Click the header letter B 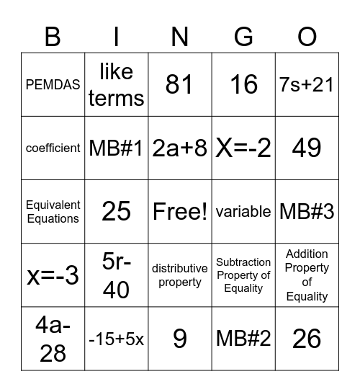pyautogui.click(x=53, y=37)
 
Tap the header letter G pyautogui.click(x=243, y=37)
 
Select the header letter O pyautogui.click(x=307, y=37)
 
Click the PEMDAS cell pyautogui.click(x=53, y=85)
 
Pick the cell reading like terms pyautogui.click(x=116, y=85)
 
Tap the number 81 pyautogui.click(x=179, y=85)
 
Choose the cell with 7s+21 pyautogui.click(x=307, y=85)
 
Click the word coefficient pyautogui.click(x=53, y=148)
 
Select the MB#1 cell pyautogui.click(x=116, y=148)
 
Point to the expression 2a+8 pyautogui.click(x=179, y=148)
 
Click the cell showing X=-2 pyautogui.click(x=243, y=148)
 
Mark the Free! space pyautogui.click(x=179, y=211)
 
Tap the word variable pyautogui.click(x=243, y=211)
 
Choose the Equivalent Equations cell pyautogui.click(x=53, y=212)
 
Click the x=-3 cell pyautogui.click(x=53, y=275)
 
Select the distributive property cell pyautogui.click(x=179, y=275)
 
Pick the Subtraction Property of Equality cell pyautogui.click(x=243, y=275)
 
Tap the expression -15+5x pyautogui.click(x=116, y=338)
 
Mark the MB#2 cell pyautogui.click(x=243, y=338)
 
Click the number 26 pyautogui.click(x=307, y=338)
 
